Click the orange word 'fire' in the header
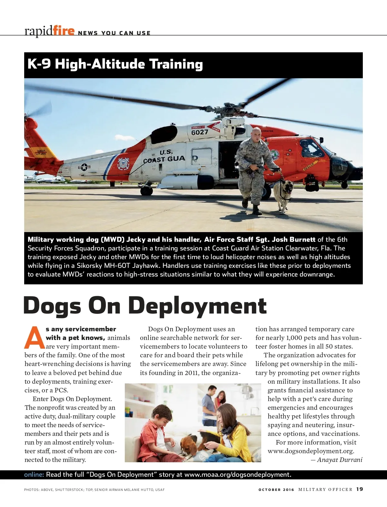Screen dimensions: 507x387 (64, 31)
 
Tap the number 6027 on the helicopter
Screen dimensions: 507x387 (200, 132)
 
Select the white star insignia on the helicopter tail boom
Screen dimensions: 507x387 (84, 167)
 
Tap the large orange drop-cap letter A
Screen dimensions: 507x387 (34, 338)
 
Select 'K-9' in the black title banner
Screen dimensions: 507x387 (39, 64)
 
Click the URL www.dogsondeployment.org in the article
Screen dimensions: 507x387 (311, 451)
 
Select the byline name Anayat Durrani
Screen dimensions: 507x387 (340, 460)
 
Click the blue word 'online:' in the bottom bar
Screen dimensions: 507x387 (34, 474)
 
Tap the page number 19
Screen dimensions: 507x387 (360, 489)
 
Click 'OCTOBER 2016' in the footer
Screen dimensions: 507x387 (276, 490)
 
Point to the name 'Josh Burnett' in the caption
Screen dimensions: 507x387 (293, 239)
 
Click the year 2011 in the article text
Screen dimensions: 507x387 (192, 373)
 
